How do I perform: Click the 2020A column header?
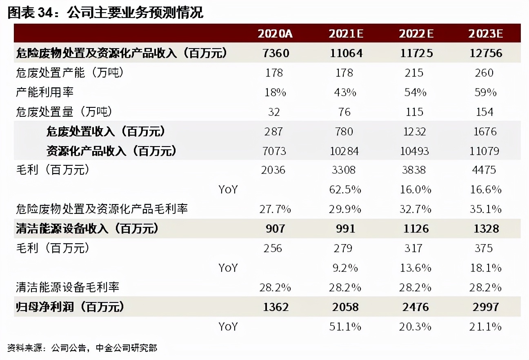tap(275, 33)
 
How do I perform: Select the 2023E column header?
tap(485, 33)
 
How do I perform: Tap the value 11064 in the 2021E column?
tap(345, 53)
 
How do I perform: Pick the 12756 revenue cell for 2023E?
tap(485, 53)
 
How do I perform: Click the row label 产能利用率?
tap(45, 92)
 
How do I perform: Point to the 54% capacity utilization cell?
tap(415, 92)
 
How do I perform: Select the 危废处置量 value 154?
tap(485, 112)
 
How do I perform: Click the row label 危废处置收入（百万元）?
tap(106, 131)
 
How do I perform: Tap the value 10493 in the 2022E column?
tap(414, 151)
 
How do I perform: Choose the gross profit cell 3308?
tap(344, 170)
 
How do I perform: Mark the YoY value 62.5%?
tap(345, 190)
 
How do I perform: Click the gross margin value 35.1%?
tap(485, 209)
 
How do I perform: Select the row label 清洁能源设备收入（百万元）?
tap(87, 229)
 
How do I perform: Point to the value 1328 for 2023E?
tap(486, 229)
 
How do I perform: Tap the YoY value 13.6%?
tap(415, 268)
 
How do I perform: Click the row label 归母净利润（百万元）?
tap(70, 307)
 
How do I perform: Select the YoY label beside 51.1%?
tap(228, 327)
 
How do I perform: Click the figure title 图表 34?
tap(105, 13)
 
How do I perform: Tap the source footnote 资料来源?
tap(82, 348)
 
